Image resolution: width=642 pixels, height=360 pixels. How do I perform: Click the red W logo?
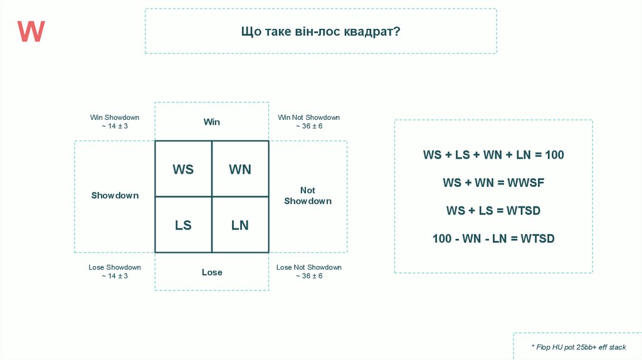[x=31, y=31]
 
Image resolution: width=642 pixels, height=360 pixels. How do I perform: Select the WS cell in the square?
[x=183, y=169]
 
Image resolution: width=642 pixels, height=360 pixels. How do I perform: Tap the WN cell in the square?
[x=240, y=169]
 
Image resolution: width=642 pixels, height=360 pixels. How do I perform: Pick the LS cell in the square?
[x=183, y=225]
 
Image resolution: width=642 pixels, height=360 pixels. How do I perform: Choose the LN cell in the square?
[x=240, y=225]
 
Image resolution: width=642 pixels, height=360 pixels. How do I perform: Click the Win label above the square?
[x=212, y=122]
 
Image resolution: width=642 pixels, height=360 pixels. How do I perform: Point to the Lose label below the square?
[x=212, y=272]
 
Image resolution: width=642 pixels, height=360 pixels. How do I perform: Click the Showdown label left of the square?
[x=115, y=196]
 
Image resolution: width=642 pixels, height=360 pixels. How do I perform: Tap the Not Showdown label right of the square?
[x=308, y=196]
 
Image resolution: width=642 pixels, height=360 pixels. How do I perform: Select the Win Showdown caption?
[x=115, y=117]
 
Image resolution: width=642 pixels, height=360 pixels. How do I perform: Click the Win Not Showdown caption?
[x=309, y=117]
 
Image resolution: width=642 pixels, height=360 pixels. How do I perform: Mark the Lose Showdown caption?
[x=115, y=267]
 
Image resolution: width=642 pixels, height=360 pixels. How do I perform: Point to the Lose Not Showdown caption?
[x=309, y=267]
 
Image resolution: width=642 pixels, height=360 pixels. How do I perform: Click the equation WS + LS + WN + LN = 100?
[x=493, y=155]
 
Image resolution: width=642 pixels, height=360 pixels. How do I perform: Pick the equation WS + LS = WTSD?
[x=493, y=211]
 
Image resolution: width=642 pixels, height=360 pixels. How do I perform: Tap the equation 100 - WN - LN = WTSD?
[x=493, y=239]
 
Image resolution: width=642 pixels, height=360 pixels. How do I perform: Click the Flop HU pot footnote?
[x=578, y=347]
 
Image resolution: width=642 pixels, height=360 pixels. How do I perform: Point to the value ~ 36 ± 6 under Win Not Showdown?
[x=309, y=126]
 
